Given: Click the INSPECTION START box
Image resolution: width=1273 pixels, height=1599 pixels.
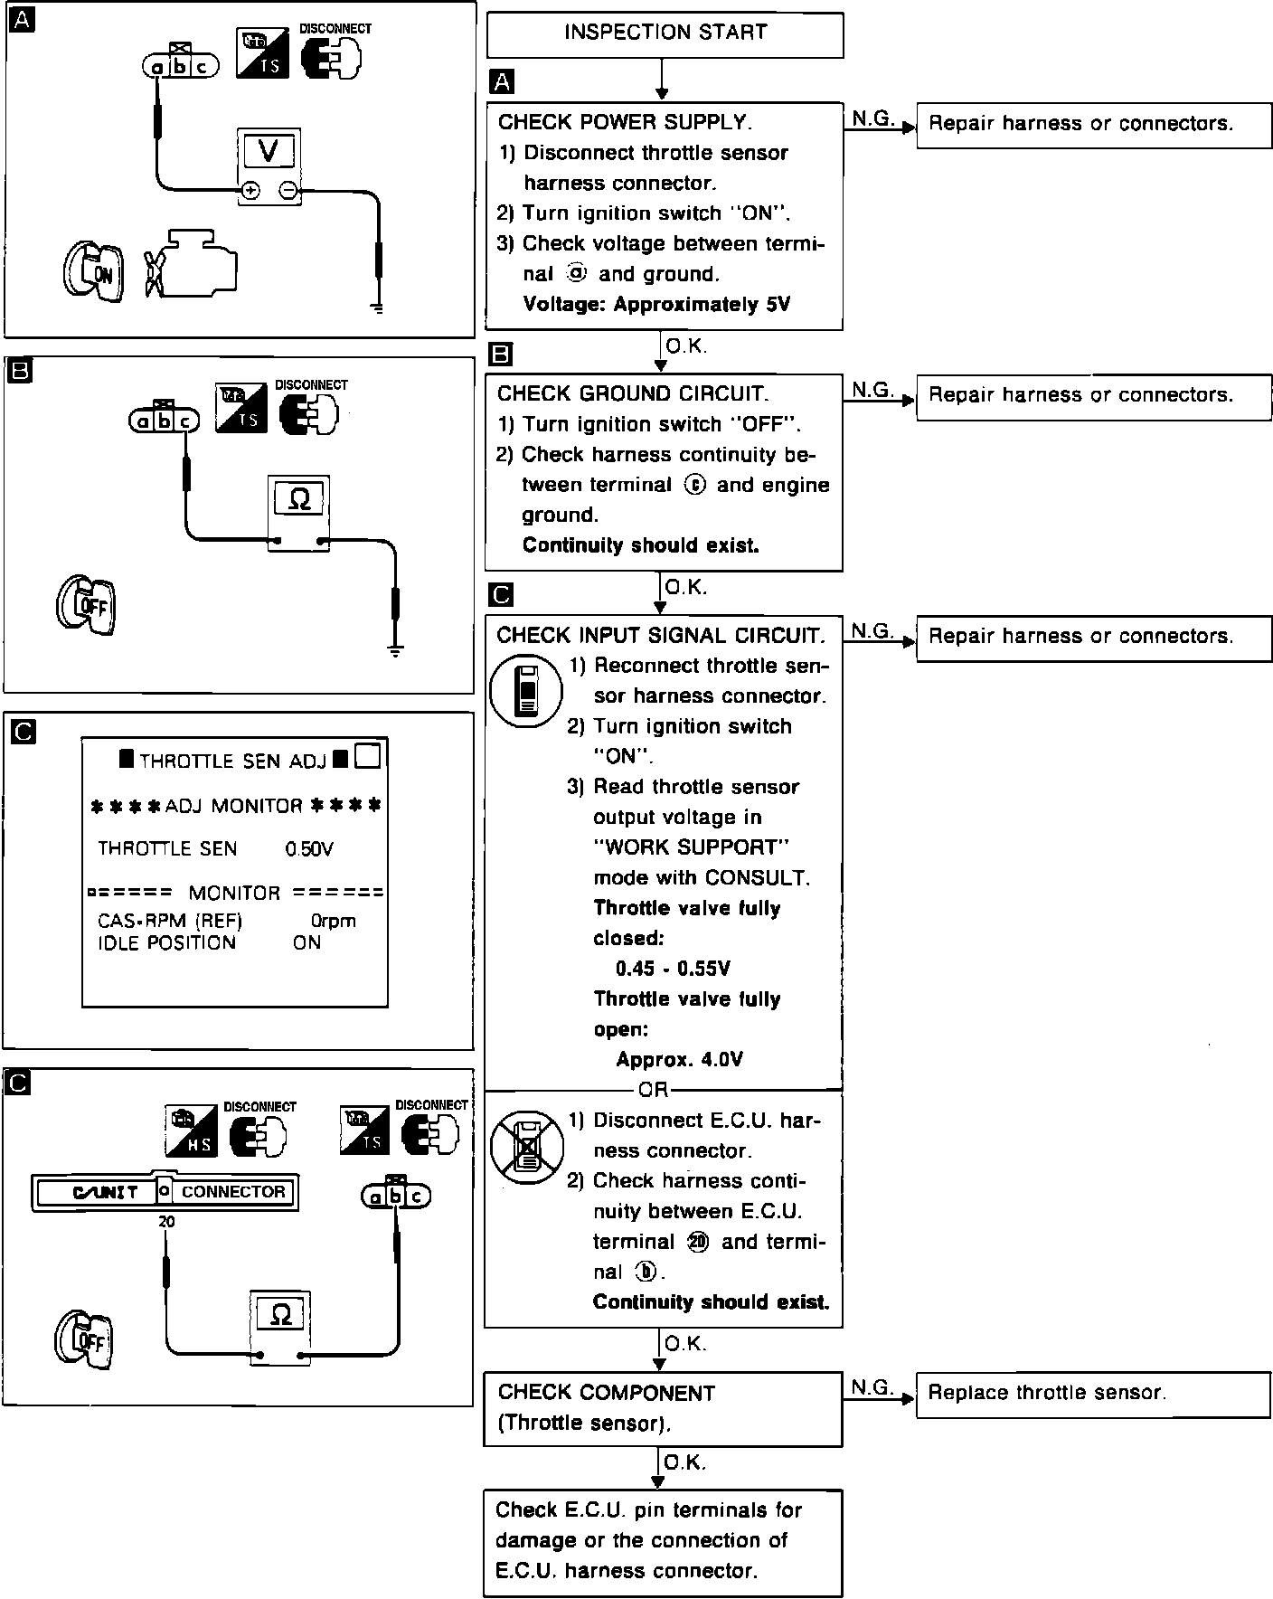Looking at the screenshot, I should (665, 34).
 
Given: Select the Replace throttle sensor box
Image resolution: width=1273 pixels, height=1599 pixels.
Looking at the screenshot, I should (1094, 1393).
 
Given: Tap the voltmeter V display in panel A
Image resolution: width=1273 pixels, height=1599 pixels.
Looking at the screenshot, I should (269, 151).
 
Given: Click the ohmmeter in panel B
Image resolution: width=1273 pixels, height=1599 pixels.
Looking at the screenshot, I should (298, 511).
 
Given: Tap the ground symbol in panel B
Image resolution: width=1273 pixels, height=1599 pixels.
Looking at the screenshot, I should (395, 649).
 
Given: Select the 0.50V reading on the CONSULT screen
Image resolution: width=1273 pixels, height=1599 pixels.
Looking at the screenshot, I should (309, 849).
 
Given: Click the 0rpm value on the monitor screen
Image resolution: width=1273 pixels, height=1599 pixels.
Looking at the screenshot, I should (333, 922).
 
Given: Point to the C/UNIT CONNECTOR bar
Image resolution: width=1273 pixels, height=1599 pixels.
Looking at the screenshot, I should (165, 1192).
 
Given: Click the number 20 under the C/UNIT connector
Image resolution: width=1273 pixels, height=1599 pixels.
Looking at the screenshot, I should (166, 1222).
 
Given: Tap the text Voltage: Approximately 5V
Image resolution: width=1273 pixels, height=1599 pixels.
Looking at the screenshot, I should (656, 305).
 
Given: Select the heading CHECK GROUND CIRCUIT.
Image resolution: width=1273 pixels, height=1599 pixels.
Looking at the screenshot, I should (633, 394).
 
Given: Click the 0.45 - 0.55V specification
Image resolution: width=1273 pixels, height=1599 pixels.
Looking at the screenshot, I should (673, 970).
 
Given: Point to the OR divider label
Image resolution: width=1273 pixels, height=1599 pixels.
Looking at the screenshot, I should (653, 1090).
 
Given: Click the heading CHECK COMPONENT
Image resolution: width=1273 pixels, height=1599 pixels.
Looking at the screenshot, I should (606, 1393).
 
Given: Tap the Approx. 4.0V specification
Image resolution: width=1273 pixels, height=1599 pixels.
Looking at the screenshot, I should (679, 1060).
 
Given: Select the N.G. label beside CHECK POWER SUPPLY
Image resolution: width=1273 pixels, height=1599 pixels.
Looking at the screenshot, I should (872, 118).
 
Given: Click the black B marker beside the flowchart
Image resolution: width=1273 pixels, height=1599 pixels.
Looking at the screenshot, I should (500, 355).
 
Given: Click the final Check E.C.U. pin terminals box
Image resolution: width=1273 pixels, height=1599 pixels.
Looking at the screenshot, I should (663, 1541).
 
